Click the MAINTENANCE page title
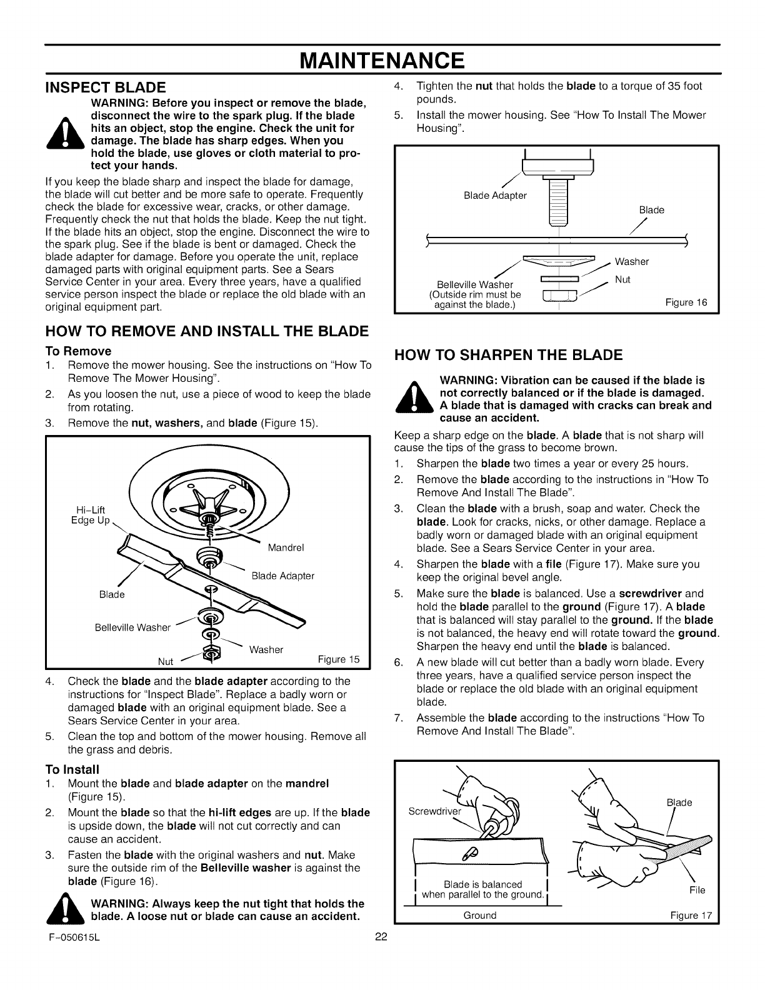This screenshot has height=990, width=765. tap(382, 60)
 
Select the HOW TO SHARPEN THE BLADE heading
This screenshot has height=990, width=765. tap(509, 356)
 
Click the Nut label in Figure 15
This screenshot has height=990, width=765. tap(166, 661)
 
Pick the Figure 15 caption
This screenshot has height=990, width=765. tap(339, 659)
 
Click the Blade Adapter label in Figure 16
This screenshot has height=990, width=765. tap(496, 196)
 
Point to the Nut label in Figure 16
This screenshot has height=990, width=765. tap(622, 280)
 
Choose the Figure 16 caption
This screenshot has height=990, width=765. tap(686, 302)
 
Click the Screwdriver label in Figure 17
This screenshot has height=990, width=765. tap(434, 811)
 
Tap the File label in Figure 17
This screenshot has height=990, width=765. tap(697, 890)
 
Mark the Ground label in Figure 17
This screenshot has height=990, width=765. tap(480, 915)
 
